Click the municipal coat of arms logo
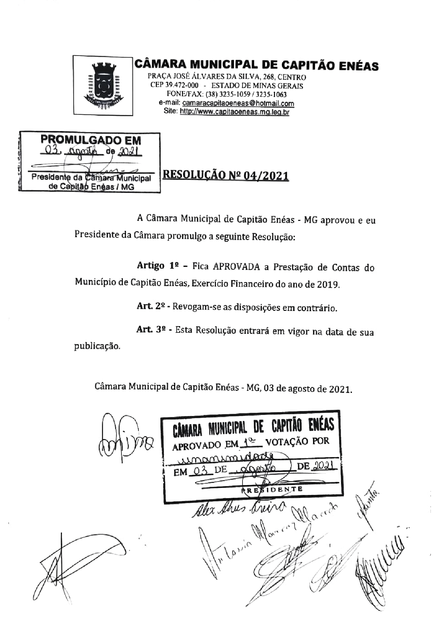coord(103,85)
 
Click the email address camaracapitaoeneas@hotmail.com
coord(238,103)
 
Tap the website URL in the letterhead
coord(235,112)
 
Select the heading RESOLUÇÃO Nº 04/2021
coord(226,176)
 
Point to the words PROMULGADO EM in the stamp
coord(91,140)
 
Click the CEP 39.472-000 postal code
coord(174,85)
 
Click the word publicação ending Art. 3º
coord(97,346)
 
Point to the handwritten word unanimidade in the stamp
coord(227,458)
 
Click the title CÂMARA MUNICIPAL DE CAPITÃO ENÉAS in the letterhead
coord(256,65)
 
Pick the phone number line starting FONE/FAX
coord(227,94)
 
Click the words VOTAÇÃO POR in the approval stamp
coord(297,441)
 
